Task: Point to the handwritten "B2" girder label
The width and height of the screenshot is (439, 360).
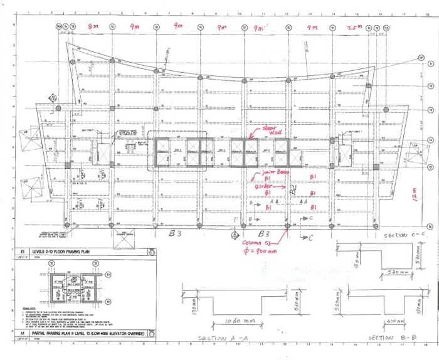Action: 293,189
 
